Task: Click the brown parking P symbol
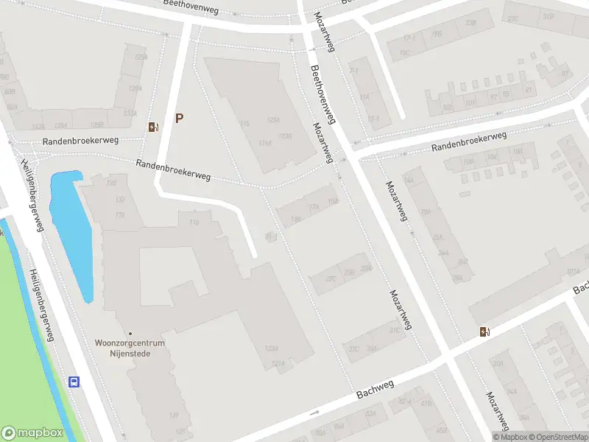(x=179, y=118)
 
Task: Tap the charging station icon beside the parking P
(x=152, y=127)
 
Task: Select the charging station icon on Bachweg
(x=484, y=331)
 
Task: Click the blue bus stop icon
(x=74, y=382)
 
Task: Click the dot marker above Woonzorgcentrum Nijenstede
(x=130, y=334)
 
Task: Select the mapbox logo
(x=32, y=433)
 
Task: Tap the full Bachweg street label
(x=375, y=388)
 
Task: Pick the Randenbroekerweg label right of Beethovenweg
(x=469, y=141)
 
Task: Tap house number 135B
(x=96, y=124)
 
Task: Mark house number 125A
(x=273, y=119)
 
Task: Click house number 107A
(x=574, y=271)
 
